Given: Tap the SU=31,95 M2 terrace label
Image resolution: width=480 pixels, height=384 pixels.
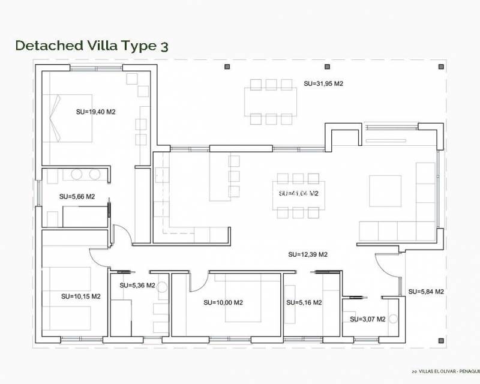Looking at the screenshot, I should [323, 84].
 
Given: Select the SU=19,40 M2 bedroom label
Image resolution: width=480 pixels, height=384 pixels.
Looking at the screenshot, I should [95, 112].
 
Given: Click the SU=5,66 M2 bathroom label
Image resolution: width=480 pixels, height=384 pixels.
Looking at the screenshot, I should [77, 196].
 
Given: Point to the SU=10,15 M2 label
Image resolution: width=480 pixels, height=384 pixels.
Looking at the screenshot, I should [80, 296].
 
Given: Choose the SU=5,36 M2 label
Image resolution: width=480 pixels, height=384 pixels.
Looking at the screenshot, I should [137, 286].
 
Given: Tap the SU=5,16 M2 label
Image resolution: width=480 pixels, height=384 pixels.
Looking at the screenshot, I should [304, 302].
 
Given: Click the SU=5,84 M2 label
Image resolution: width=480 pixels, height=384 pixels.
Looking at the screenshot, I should [425, 292].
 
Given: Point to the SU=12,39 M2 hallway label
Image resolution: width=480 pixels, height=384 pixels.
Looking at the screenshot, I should [308, 254].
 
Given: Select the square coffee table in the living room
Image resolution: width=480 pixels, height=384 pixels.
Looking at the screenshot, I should [385, 191].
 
